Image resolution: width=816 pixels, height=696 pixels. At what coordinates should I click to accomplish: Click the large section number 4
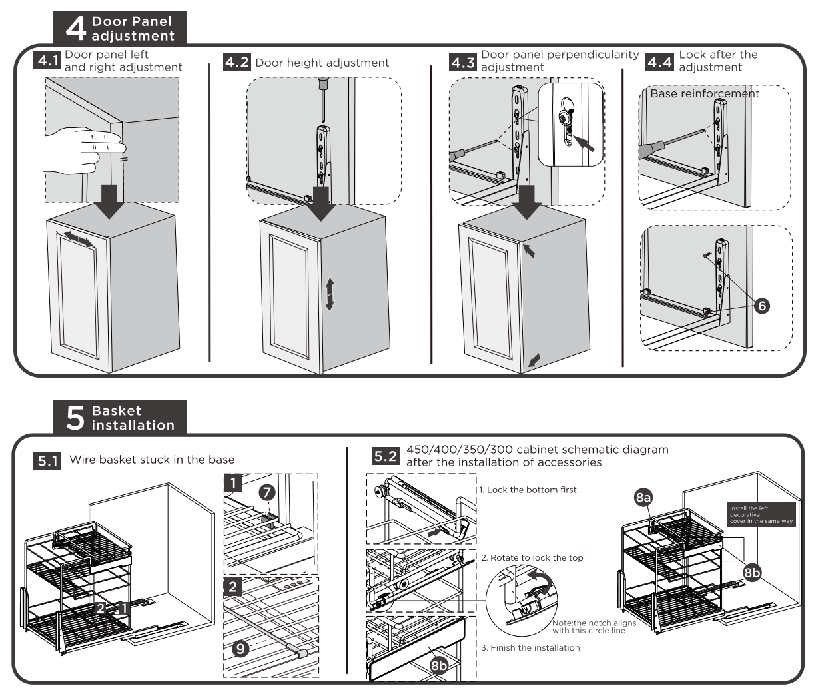75,29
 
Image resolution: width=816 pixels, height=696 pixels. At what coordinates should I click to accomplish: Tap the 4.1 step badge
47,61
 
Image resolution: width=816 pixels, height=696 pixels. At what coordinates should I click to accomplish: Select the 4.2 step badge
237,63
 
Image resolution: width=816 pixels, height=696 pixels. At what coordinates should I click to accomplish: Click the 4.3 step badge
463,63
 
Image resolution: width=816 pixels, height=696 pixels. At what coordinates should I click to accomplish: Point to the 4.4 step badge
660,63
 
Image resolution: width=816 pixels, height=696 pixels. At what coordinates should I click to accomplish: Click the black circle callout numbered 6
762,306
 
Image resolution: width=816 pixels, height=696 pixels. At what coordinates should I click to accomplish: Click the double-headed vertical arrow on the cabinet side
329,294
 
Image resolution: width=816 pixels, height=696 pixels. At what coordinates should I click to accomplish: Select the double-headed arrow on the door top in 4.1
75,239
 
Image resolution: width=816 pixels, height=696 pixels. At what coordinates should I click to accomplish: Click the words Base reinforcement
704,94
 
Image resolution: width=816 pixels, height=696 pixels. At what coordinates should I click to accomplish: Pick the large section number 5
75,418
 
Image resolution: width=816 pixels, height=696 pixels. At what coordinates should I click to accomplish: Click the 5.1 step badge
47,460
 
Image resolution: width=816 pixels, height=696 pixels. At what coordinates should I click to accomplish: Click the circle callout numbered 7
266,493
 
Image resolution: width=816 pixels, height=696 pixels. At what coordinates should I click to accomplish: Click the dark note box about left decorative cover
761,514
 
